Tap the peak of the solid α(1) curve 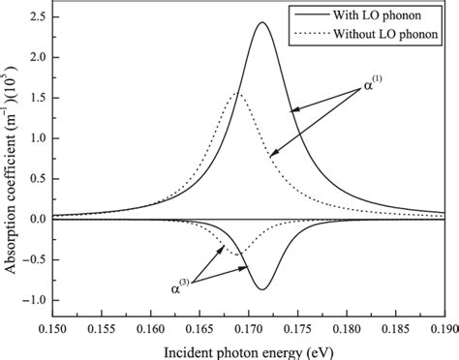click(x=262, y=22)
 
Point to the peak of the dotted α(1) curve click(x=237, y=94)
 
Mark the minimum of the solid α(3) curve click(x=262, y=289)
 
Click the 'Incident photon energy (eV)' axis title click(x=244, y=350)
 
